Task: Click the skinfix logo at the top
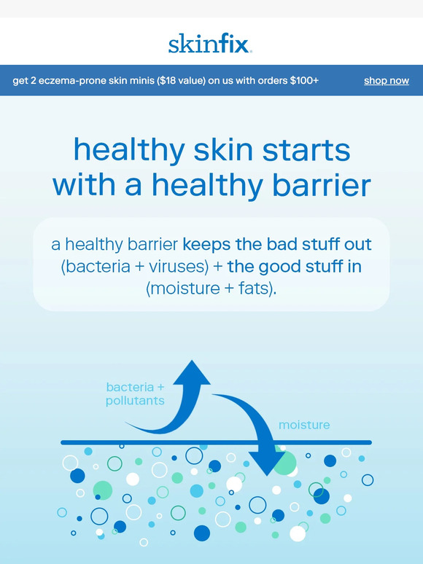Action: (x=211, y=44)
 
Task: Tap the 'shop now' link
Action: (x=386, y=81)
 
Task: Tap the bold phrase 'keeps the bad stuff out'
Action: (x=277, y=244)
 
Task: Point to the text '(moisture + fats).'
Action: (x=211, y=289)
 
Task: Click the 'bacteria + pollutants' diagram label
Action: (x=135, y=393)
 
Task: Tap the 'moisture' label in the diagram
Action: (x=304, y=425)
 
